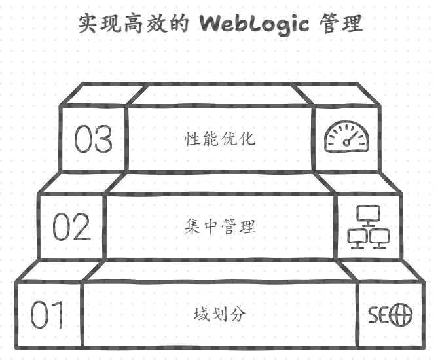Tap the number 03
(93, 139)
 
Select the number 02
(71, 226)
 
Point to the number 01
(48, 315)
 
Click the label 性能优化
(220, 139)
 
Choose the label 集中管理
(220, 226)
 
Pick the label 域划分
(220, 314)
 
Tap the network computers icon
(369, 226)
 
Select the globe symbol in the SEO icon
(401, 315)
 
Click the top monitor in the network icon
(369, 214)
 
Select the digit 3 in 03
(103, 139)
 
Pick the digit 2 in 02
(82, 226)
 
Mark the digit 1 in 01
(58, 315)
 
